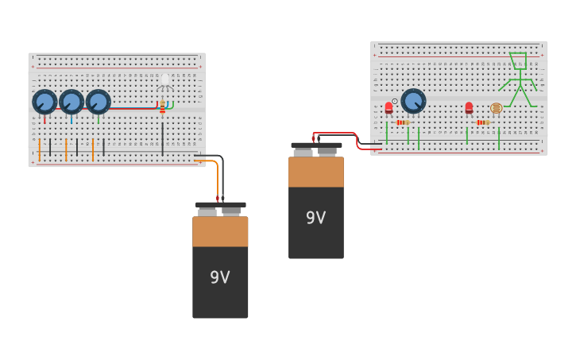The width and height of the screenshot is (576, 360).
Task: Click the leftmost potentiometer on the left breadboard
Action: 44,102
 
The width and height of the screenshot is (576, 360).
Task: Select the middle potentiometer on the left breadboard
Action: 72,102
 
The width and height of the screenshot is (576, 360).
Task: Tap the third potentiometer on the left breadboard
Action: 99,102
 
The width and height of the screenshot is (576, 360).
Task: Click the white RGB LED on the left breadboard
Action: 164,80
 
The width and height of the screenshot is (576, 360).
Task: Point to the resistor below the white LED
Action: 163,106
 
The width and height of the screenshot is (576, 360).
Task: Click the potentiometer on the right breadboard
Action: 413,101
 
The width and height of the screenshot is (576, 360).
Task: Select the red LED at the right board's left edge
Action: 389,107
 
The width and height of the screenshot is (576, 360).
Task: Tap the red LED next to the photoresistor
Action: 469,107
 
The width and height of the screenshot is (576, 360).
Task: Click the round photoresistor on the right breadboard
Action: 496,108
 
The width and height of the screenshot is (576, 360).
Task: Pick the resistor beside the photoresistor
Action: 482,122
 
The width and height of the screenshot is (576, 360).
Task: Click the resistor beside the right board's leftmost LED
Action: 402,122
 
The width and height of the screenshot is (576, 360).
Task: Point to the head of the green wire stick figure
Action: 518,61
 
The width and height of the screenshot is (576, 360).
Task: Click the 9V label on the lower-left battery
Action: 220,277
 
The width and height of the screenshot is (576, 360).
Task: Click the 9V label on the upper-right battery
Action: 316,218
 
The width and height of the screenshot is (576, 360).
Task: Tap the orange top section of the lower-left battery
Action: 220,231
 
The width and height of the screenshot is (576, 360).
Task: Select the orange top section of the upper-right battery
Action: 316,172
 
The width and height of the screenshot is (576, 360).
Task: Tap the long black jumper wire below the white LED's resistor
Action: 163,138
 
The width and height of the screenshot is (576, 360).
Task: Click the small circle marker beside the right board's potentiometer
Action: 395,101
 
